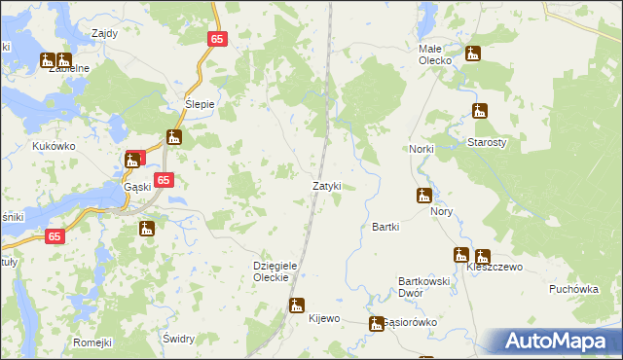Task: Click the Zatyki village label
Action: pyautogui.click(x=326, y=185)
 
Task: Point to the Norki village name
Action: pyautogui.click(x=421, y=148)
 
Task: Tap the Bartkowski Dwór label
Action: pyautogui.click(x=423, y=286)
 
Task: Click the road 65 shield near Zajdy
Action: pyautogui.click(x=217, y=39)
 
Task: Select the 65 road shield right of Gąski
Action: pyautogui.click(x=164, y=180)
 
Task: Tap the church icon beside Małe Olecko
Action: pyautogui.click(x=473, y=54)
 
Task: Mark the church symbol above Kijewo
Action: pyautogui.click(x=297, y=305)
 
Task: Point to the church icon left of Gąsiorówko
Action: pyautogui.click(x=376, y=323)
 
